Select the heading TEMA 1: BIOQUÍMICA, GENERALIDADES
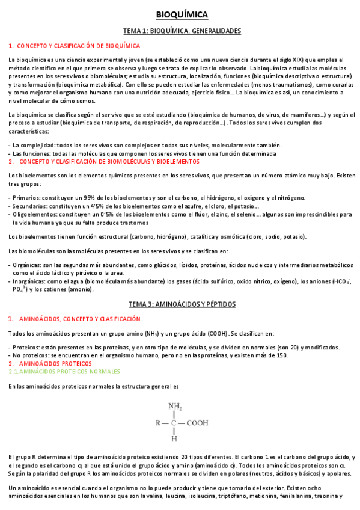[182, 31]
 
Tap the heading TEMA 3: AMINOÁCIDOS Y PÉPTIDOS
[182, 304]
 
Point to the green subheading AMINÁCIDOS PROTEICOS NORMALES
[61, 372]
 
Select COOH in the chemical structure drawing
[197, 422]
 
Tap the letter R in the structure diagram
[157, 422]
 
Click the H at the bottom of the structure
[174, 439]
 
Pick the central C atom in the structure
[174, 422]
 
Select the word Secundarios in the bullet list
[31, 206]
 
